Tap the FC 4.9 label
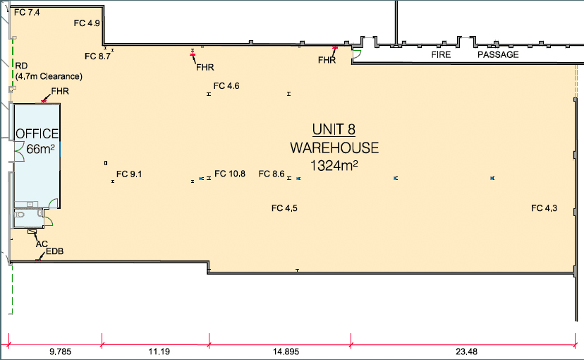pyautogui.click(x=87, y=23)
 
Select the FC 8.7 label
pyautogui.click(x=97, y=56)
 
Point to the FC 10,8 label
pyautogui.click(x=230, y=174)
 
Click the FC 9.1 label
pyautogui.click(x=129, y=174)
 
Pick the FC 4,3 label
pyautogui.click(x=545, y=208)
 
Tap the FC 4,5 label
pyautogui.click(x=285, y=208)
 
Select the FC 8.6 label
pyautogui.click(x=272, y=174)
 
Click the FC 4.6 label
pyautogui.click(x=228, y=86)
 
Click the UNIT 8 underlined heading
pyautogui.click(x=334, y=129)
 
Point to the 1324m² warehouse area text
pyautogui.click(x=334, y=166)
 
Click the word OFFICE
pyautogui.click(x=38, y=133)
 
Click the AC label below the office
pyautogui.click(x=42, y=244)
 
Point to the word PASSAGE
pyautogui.click(x=498, y=55)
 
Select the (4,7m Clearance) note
pyautogui.click(x=49, y=76)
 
